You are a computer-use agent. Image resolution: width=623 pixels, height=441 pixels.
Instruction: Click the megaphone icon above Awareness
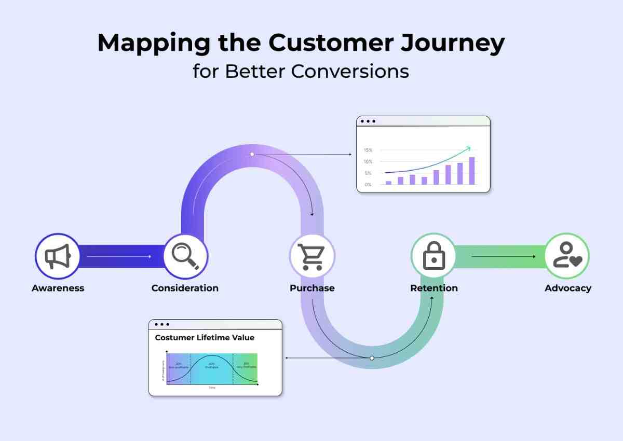[57, 256]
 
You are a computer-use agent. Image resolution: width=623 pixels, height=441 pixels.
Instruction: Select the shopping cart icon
[312, 256]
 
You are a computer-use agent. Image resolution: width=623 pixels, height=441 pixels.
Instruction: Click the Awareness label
[58, 288]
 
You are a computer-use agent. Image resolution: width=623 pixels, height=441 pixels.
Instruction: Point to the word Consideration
[185, 288]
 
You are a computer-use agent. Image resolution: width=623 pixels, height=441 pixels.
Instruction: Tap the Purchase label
[312, 288]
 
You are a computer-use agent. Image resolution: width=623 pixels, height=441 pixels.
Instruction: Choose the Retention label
[434, 288]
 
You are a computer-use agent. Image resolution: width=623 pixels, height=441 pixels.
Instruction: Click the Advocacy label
[567, 288]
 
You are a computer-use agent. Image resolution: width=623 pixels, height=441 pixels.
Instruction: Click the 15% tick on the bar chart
[368, 150]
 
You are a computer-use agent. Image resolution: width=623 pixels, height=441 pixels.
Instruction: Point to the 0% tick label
[368, 184]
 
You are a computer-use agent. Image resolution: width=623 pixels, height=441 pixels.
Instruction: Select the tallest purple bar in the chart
[472, 171]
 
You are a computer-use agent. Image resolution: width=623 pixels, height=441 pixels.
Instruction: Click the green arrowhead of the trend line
[468, 148]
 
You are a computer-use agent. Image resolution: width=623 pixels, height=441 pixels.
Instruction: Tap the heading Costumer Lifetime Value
[205, 338]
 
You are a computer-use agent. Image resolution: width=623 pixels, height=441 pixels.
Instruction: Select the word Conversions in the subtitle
[350, 71]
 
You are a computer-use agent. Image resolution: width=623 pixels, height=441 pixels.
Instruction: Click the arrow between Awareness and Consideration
[119, 256]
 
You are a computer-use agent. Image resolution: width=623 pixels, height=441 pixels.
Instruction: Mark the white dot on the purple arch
[252, 154]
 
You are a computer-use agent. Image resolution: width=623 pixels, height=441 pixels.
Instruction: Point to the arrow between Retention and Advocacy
[503, 256]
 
